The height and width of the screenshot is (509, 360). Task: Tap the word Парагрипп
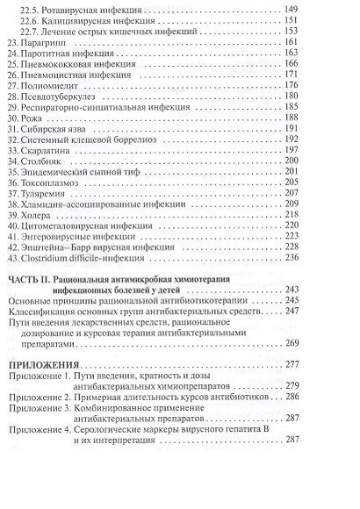[x=50, y=42]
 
